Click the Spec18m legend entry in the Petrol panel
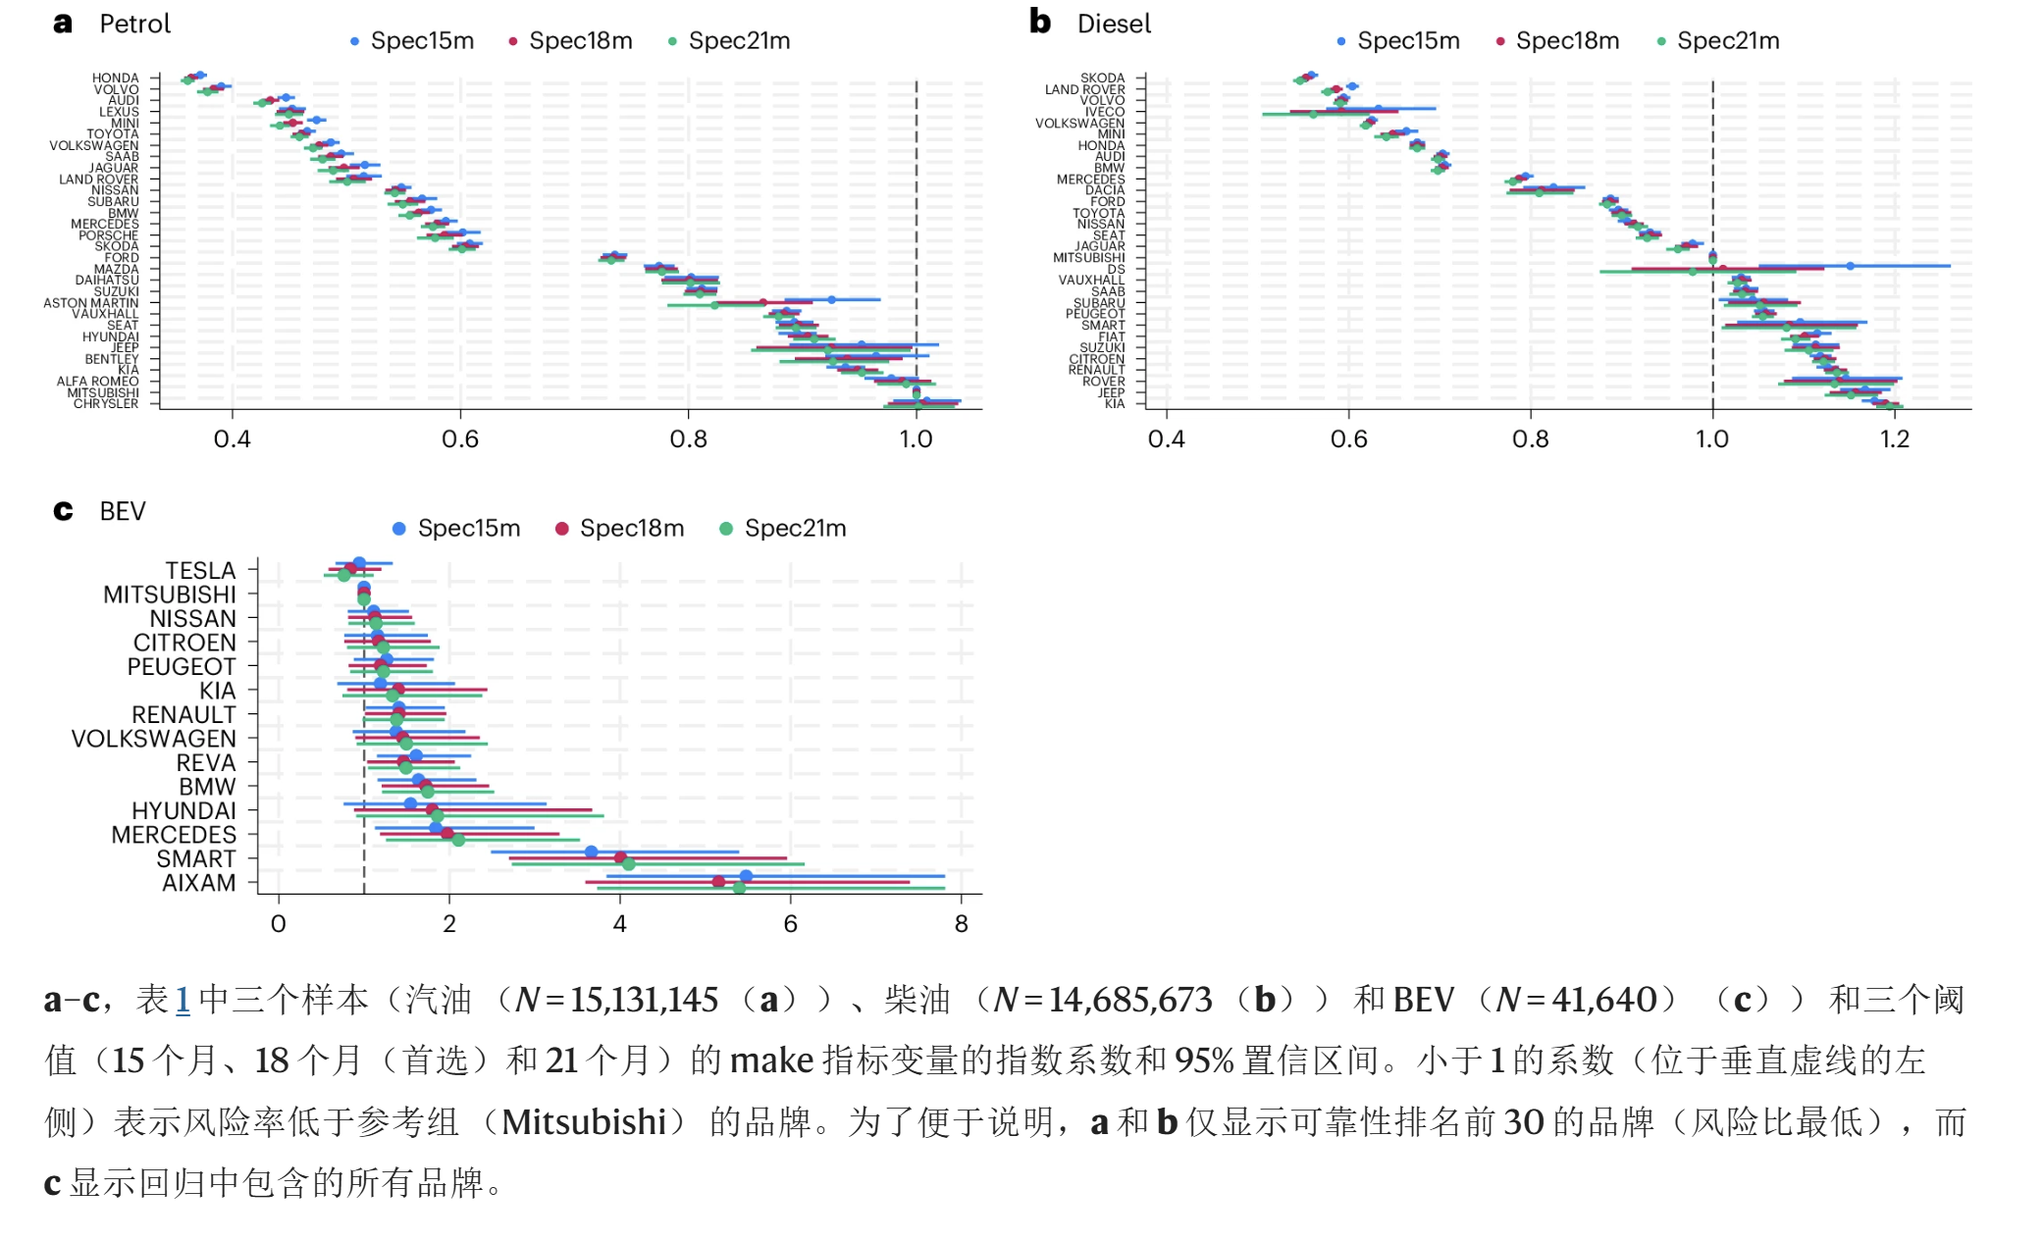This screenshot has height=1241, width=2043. click(x=580, y=41)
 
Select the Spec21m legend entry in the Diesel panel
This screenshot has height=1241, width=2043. click(x=1727, y=41)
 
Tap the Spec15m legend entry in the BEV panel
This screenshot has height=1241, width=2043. click(x=468, y=529)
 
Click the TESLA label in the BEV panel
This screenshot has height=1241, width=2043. click(x=200, y=571)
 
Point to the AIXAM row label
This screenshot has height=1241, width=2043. click(x=199, y=883)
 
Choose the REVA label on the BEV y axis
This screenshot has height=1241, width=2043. click(x=206, y=763)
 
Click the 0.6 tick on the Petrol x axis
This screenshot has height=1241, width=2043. click(x=460, y=439)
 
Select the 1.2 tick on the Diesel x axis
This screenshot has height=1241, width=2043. click(x=1895, y=439)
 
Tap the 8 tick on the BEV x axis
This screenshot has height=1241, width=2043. click(x=961, y=924)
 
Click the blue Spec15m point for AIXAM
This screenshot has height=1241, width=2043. click(x=746, y=876)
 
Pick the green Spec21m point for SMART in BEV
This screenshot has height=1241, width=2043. click(x=628, y=864)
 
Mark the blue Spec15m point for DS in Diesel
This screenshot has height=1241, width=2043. click(x=1850, y=266)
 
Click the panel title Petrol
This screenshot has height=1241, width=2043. click(x=135, y=25)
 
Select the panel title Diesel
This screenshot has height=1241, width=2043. click(x=1114, y=25)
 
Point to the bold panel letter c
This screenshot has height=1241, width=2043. click(x=63, y=511)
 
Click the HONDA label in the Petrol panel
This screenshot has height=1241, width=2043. click(x=116, y=78)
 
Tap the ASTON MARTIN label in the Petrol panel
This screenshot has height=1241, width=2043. click(x=91, y=303)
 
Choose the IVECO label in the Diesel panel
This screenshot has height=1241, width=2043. click(x=1105, y=112)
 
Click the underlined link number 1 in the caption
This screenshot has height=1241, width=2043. click(x=183, y=1000)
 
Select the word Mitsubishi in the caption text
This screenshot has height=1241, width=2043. click(x=584, y=1121)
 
